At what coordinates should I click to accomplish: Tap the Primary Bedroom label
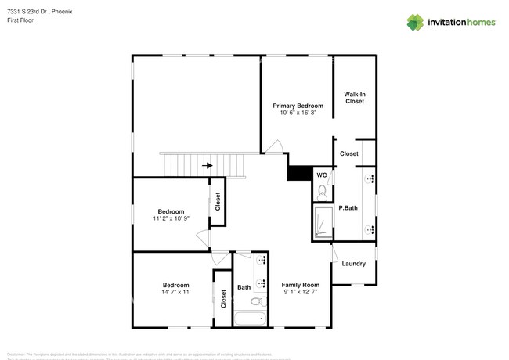(298, 106)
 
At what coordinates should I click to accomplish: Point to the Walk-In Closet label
(355, 97)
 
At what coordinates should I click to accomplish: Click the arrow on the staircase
(208, 165)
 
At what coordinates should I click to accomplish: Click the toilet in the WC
(321, 189)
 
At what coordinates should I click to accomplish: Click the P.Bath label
(348, 207)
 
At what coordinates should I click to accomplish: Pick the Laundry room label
(354, 264)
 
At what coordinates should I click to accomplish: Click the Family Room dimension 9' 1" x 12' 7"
(301, 293)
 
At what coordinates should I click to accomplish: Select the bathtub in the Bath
(251, 319)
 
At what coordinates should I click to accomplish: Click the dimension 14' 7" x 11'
(175, 293)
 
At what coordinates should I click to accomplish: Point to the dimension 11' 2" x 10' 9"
(171, 219)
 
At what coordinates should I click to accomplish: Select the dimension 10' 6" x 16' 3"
(298, 113)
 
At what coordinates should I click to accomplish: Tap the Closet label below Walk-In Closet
(348, 153)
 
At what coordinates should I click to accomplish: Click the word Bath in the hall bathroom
(244, 287)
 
